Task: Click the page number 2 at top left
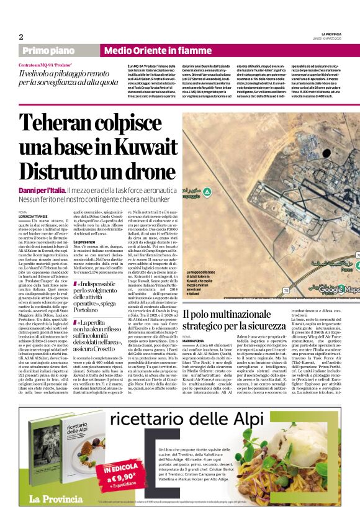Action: coord(21,37)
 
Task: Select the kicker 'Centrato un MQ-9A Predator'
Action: coord(46,65)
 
